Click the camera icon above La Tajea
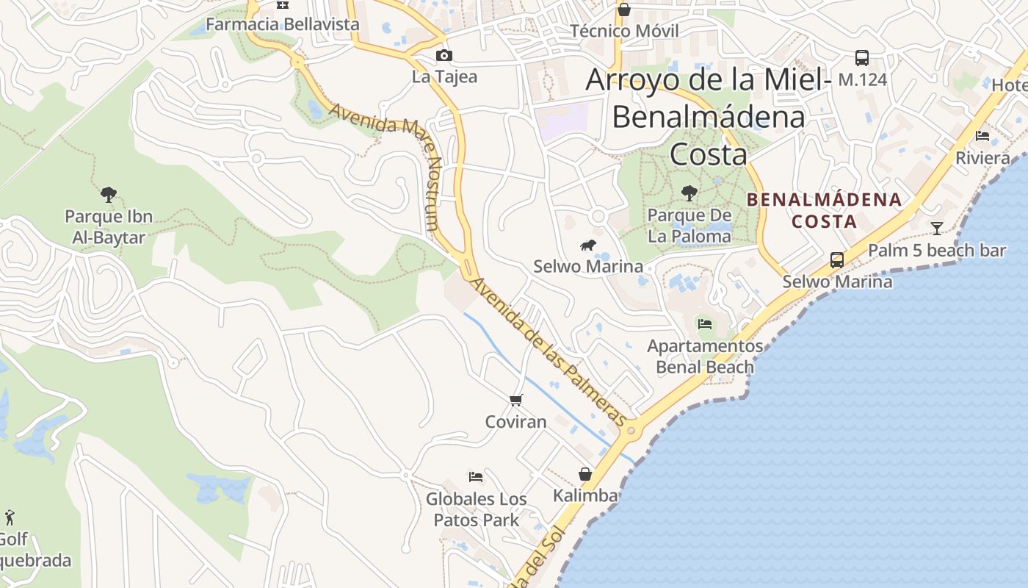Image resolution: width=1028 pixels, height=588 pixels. tap(444, 55)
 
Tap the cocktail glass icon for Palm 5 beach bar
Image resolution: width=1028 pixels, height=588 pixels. tap(936, 228)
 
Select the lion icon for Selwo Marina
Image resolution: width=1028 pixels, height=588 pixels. tap(587, 245)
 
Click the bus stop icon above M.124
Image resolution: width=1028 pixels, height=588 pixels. tap(862, 57)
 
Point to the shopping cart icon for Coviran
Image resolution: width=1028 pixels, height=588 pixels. tap(516, 400)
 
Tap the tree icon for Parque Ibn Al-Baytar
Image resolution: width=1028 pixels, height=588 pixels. tap(109, 195)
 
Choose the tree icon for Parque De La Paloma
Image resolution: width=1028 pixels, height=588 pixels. tap(689, 193)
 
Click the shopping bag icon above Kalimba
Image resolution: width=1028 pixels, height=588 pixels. tap(585, 474)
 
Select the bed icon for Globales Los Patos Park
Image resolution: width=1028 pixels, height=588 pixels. tap(476, 477)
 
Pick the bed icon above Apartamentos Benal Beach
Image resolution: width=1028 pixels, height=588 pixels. tap(705, 323)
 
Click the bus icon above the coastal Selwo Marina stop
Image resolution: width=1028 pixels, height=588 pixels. tap(836, 259)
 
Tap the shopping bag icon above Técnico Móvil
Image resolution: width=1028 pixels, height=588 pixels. tap(624, 10)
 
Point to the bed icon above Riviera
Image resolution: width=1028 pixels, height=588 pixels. tap(982, 136)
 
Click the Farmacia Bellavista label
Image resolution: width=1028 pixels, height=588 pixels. tap(283, 24)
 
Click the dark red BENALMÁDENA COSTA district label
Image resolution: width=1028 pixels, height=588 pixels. tap(824, 210)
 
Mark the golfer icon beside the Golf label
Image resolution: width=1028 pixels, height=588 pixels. tap(10, 517)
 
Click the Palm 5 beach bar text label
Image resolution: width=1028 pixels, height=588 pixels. tap(936, 251)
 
